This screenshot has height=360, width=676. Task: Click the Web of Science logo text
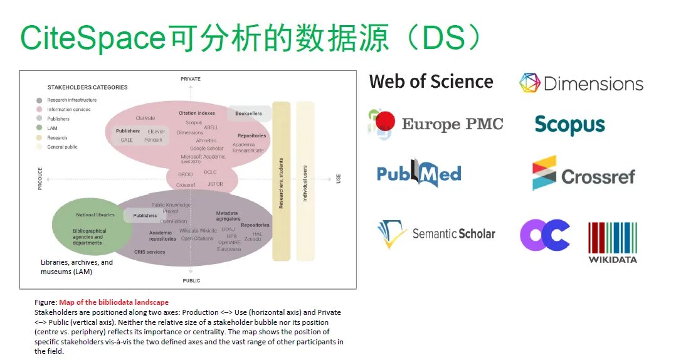click(x=431, y=82)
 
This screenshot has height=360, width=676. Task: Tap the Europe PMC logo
click(x=436, y=124)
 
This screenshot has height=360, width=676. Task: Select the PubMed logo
click(x=419, y=172)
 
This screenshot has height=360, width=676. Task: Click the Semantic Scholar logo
click(x=436, y=234)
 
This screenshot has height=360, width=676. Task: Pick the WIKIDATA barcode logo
click(x=612, y=242)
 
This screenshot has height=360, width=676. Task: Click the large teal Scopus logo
click(x=569, y=124)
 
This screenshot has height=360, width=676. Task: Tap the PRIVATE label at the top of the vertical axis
click(x=191, y=79)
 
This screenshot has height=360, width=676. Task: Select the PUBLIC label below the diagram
click(x=191, y=280)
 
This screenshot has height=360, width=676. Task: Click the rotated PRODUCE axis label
click(x=41, y=178)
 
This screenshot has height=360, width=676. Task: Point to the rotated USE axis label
click(x=339, y=179)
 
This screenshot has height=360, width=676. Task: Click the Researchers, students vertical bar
click(x=281, y=181)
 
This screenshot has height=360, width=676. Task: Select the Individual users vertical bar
click(x=305, y=181)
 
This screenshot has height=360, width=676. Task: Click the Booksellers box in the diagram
click(x=249, y=114)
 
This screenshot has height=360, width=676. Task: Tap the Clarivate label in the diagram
click(x=145, y=118)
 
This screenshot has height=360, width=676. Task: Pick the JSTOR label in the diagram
click(x=215, y=184)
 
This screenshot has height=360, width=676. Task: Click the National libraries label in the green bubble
click(x=95, y=215)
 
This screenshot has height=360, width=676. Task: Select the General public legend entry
click(x=62, y=147)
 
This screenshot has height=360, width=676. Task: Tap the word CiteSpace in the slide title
click(x=93, y=39)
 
